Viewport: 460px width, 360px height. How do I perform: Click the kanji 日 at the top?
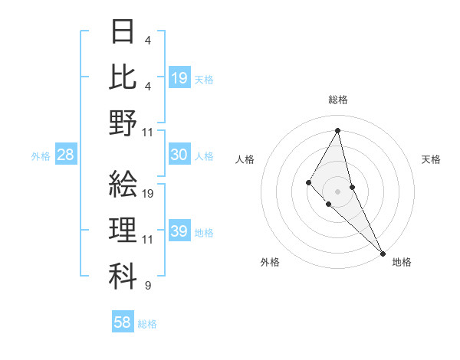click(123, 33)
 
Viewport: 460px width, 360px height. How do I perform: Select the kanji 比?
click(123, 77)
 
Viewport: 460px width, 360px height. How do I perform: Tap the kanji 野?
click(123, 123)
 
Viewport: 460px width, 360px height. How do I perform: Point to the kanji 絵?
click(123, 184)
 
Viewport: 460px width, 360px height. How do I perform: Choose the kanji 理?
click(123, 231)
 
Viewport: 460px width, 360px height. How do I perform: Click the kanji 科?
click(123, 277)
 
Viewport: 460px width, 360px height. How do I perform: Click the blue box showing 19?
click(179, 77)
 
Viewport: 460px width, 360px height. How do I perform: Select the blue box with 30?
click(179, 155)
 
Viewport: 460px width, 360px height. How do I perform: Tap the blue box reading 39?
click(179, 231)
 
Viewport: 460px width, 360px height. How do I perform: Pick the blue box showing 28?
click(66, 155)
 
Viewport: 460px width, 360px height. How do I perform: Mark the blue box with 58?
click(123, 322)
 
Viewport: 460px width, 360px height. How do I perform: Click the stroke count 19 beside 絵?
click(149, 194)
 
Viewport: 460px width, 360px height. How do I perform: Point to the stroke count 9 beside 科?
click(147, 286)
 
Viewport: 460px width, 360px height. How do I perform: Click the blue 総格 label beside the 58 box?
click(147, 324)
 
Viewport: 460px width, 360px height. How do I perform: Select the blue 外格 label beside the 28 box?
click(41, 156)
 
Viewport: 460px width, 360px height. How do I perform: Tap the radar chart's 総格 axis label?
click(338, 100)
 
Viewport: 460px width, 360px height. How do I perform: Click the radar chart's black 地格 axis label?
click(402, 262)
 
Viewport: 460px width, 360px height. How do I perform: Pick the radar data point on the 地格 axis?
click(383, 253)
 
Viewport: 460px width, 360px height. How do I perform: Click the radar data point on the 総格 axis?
click(338, 130)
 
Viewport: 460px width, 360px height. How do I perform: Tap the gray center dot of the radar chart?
click(338, 191)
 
